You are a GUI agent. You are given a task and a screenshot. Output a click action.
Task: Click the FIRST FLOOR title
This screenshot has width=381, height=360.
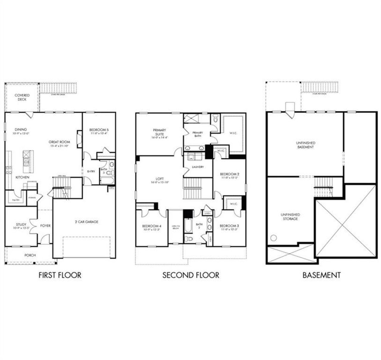click(x=60, y=275)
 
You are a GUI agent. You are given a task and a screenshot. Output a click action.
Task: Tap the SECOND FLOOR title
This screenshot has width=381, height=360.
click(x=190, y=275)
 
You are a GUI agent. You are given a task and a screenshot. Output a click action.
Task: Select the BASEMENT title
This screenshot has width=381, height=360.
click(x=321, y=275)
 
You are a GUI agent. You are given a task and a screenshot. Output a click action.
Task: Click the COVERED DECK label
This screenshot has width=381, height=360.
click(x=22, y=97)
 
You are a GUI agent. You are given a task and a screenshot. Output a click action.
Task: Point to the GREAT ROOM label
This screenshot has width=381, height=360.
click(x=59, y=142)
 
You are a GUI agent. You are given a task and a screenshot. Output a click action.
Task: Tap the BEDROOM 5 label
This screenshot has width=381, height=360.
click(x=99, y=130)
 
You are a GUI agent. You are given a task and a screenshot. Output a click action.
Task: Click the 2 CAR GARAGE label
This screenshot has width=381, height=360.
click(x=86, y=222)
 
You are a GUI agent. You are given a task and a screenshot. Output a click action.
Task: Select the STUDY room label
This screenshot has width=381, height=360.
click(x=21, y=224)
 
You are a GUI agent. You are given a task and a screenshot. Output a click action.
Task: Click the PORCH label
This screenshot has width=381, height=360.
click(x=30, y=255)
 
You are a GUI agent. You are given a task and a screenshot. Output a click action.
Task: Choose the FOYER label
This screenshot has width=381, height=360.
click(x=45, y=226)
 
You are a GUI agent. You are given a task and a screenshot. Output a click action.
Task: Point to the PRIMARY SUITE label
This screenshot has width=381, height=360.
click(x=160, y=132)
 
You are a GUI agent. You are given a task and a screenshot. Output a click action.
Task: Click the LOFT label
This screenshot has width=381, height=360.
click(x=160, y=179)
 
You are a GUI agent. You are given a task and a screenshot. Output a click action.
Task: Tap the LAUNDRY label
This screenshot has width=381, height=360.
click(x=198, y=167)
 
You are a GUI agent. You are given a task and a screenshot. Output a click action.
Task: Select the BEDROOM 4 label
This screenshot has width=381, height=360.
click(x=152, y=226)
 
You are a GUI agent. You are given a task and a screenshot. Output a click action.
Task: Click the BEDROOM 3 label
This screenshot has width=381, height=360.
click(x=229, y=226)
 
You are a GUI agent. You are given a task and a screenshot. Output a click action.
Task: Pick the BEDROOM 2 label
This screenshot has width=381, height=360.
click(x=229, y=174)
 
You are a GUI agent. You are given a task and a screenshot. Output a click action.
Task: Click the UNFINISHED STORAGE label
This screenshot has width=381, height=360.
click(x=290, y=217)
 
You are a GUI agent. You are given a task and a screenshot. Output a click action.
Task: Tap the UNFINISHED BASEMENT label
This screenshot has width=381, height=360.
click(x=305, y=145)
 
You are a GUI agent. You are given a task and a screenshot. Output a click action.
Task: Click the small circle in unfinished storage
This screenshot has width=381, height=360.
click(x=274, y=238)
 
